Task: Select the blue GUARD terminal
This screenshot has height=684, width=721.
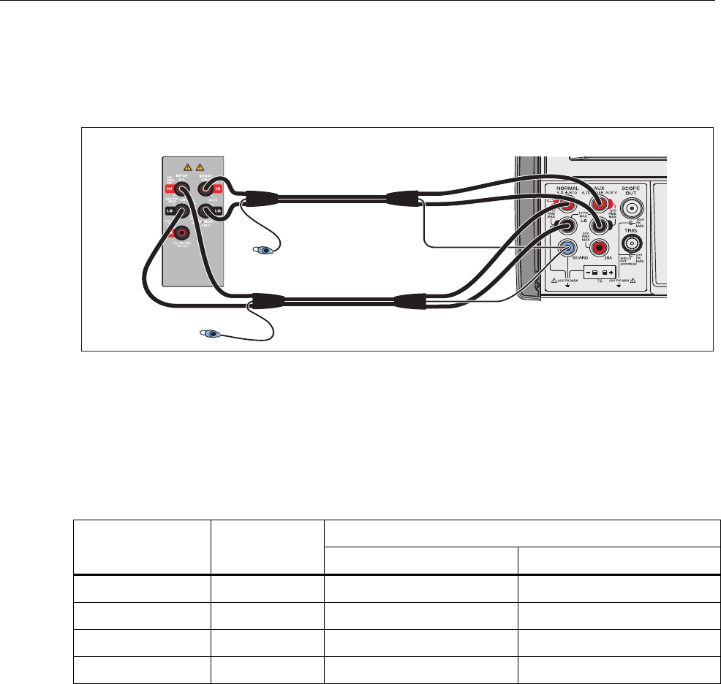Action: [567, 248]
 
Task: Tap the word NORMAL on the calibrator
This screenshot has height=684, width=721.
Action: [567, 187]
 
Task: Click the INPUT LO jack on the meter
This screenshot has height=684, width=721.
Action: [183, 213]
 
